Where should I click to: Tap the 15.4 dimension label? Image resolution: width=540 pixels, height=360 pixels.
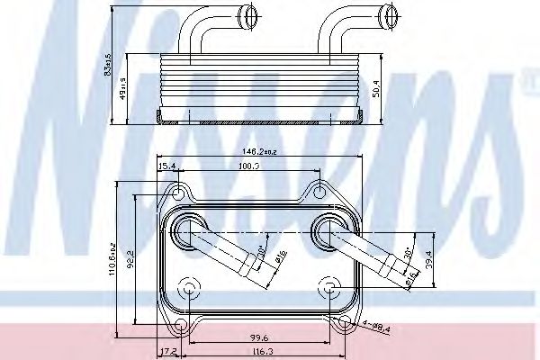(x=167, y=166)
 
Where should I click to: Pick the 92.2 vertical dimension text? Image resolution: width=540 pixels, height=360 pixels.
(x=132, y=261)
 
